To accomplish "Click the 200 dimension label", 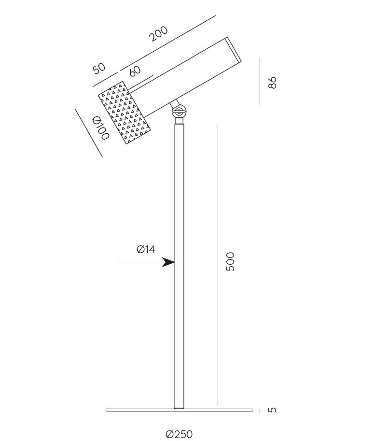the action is pos(158,33).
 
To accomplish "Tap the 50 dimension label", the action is pos(99,68).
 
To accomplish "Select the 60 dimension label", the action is pos(135,71).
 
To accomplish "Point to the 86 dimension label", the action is pos(272,83).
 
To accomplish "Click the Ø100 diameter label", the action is pos(100,128).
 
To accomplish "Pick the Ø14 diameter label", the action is pos(146,249).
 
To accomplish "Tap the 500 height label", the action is pos(230,262).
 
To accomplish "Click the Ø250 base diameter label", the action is pos(180,434).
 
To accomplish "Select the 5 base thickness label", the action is pos(272,410).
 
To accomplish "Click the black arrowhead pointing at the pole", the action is pos(169,262).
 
